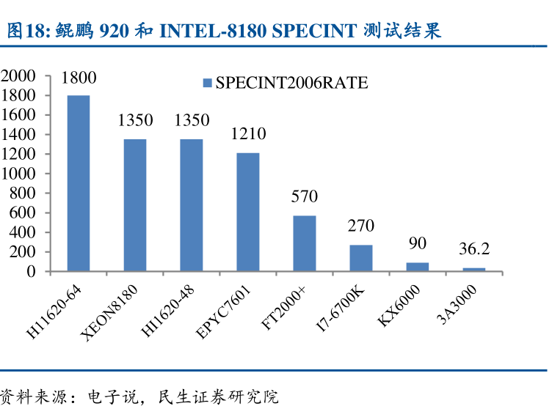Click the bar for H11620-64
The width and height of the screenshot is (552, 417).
click(x=79, y=183)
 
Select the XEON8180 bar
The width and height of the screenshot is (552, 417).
click(x=134, y=205)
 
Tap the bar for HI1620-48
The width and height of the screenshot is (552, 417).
click(x=191, y=205)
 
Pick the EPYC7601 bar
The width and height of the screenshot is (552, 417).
click(x=247, y=212)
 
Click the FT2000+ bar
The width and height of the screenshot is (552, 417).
click(x=304, y=243)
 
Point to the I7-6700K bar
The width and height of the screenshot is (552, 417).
click(x=360, y=258)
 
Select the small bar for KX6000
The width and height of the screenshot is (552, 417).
click(x=417, y=267)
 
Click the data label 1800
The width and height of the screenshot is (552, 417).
click(x=79, y=78)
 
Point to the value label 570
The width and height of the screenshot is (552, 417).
click(x=304, y=196)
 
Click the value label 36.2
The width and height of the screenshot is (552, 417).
click(x=474, y=249)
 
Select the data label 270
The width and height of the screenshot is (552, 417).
click(x=361, y=226)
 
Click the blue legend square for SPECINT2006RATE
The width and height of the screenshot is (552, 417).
click(x=208, y=84)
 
